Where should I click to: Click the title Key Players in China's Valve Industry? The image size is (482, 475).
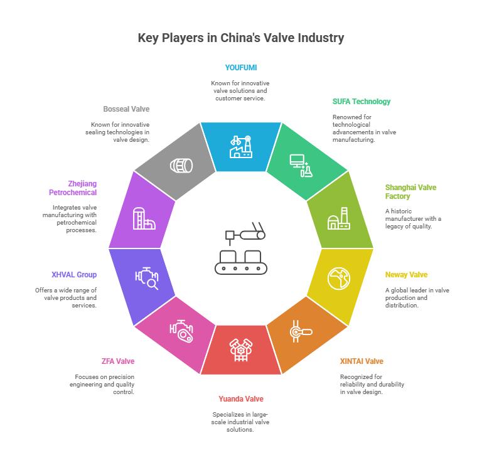(x=241, y=38)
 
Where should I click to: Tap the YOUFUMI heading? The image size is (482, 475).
(x=241, y=68)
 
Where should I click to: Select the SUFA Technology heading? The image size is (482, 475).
(x=361, y=102)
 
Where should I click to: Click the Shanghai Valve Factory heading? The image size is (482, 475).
(x=410, y=192)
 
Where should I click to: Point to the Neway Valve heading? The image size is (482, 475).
(x=407, y=275)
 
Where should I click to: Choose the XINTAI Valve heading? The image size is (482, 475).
(x=361, y=361)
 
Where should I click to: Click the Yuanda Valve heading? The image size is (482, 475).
(x=241, y=399)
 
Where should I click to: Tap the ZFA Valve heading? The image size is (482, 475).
(x=118, y=361)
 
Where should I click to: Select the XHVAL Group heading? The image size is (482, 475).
(x=74, y=275)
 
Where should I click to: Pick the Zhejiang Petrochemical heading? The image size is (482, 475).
(x=73, y=188)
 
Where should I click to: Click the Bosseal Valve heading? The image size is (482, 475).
(x=126, y=109)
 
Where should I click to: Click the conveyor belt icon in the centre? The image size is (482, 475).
(x=241, y=248)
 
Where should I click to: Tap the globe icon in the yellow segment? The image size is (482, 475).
(x=339, y=279)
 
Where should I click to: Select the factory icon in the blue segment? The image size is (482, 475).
(x=241, y=147)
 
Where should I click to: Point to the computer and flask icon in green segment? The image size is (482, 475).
(x=301, y=166)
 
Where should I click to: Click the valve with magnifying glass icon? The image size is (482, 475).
(x=147, y=279)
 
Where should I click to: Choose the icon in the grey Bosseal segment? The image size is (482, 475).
(x=181, y=166)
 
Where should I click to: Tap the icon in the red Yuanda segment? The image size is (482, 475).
(x=241, y=350)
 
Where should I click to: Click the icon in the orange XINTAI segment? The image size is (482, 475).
(x=301, y=331)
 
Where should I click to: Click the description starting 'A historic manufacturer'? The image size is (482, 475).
(x=413, y=219)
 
